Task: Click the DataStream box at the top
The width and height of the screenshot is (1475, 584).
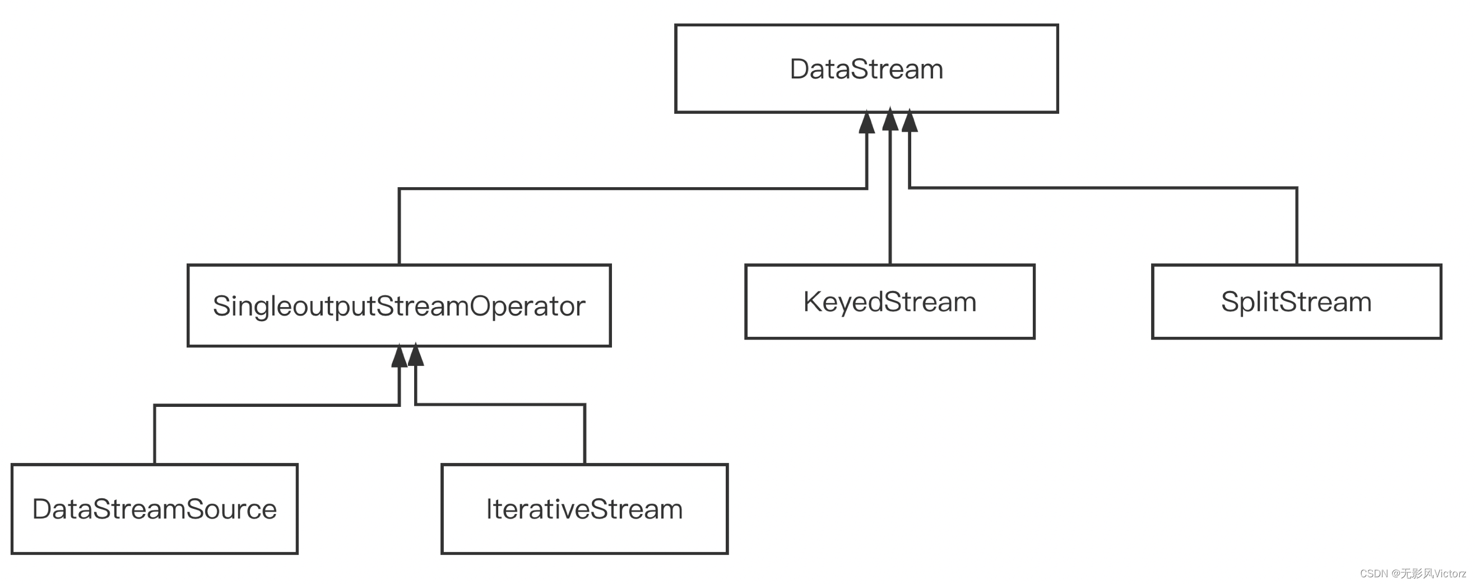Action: point(866,69)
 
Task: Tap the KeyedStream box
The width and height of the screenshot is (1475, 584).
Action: point(889,302)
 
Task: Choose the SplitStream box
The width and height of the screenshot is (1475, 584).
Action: point(1296,302)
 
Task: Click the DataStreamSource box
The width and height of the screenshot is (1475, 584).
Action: point(154,508)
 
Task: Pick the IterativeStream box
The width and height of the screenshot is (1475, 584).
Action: point(584,508)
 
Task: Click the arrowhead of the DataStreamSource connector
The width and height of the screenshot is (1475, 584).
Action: point(399,356)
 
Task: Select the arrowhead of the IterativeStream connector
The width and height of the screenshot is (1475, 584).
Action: point(416,355)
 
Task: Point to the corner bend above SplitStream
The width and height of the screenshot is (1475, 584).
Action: point(1296,188)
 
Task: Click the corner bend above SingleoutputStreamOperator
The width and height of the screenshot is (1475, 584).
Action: point(399,188)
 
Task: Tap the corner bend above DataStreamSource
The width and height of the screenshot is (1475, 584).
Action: point(155,405)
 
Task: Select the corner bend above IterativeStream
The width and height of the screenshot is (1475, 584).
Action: point(585,405)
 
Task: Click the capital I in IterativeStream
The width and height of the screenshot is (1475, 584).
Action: point(489,508)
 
